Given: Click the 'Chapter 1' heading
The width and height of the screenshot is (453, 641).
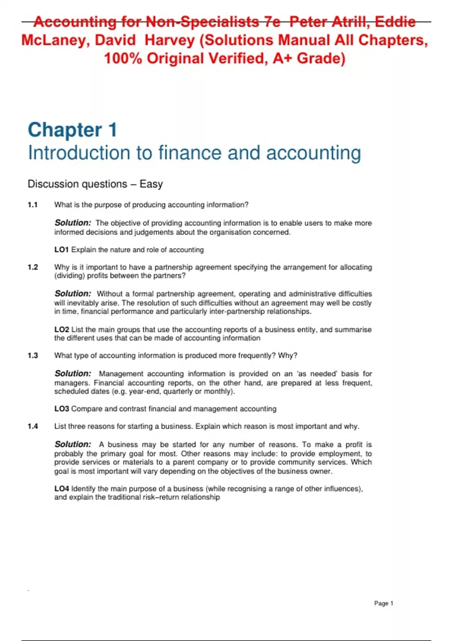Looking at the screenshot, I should click(x=72, y=130).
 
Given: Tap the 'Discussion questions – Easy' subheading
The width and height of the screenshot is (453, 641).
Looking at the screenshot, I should click(x=95, y=184).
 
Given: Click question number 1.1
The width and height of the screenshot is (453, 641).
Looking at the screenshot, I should click(x=32, y=205).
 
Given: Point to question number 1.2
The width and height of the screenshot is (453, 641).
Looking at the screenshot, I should click(x=33, y=267).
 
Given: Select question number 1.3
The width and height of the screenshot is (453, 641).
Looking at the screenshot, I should click(x=33, y=356).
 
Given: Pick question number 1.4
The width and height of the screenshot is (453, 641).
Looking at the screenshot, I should click(x=33, y=426).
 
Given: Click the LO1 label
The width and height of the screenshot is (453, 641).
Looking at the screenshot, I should click(x=62, y=250).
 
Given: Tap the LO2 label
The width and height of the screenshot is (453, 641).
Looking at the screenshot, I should click(x=62, y=330).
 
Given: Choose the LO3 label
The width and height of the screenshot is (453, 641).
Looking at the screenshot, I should click(x=62, y=409).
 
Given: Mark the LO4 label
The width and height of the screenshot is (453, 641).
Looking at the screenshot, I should click(x=62, y=489).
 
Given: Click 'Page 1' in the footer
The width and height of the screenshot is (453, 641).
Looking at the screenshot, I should click(x=384, y=603).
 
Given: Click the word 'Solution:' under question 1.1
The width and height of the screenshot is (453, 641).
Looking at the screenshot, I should click(x=73, y=223).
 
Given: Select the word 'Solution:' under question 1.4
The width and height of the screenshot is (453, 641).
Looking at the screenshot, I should click(x=73, y=445).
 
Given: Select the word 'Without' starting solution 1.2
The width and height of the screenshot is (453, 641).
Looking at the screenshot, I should click(x=109, y=294).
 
